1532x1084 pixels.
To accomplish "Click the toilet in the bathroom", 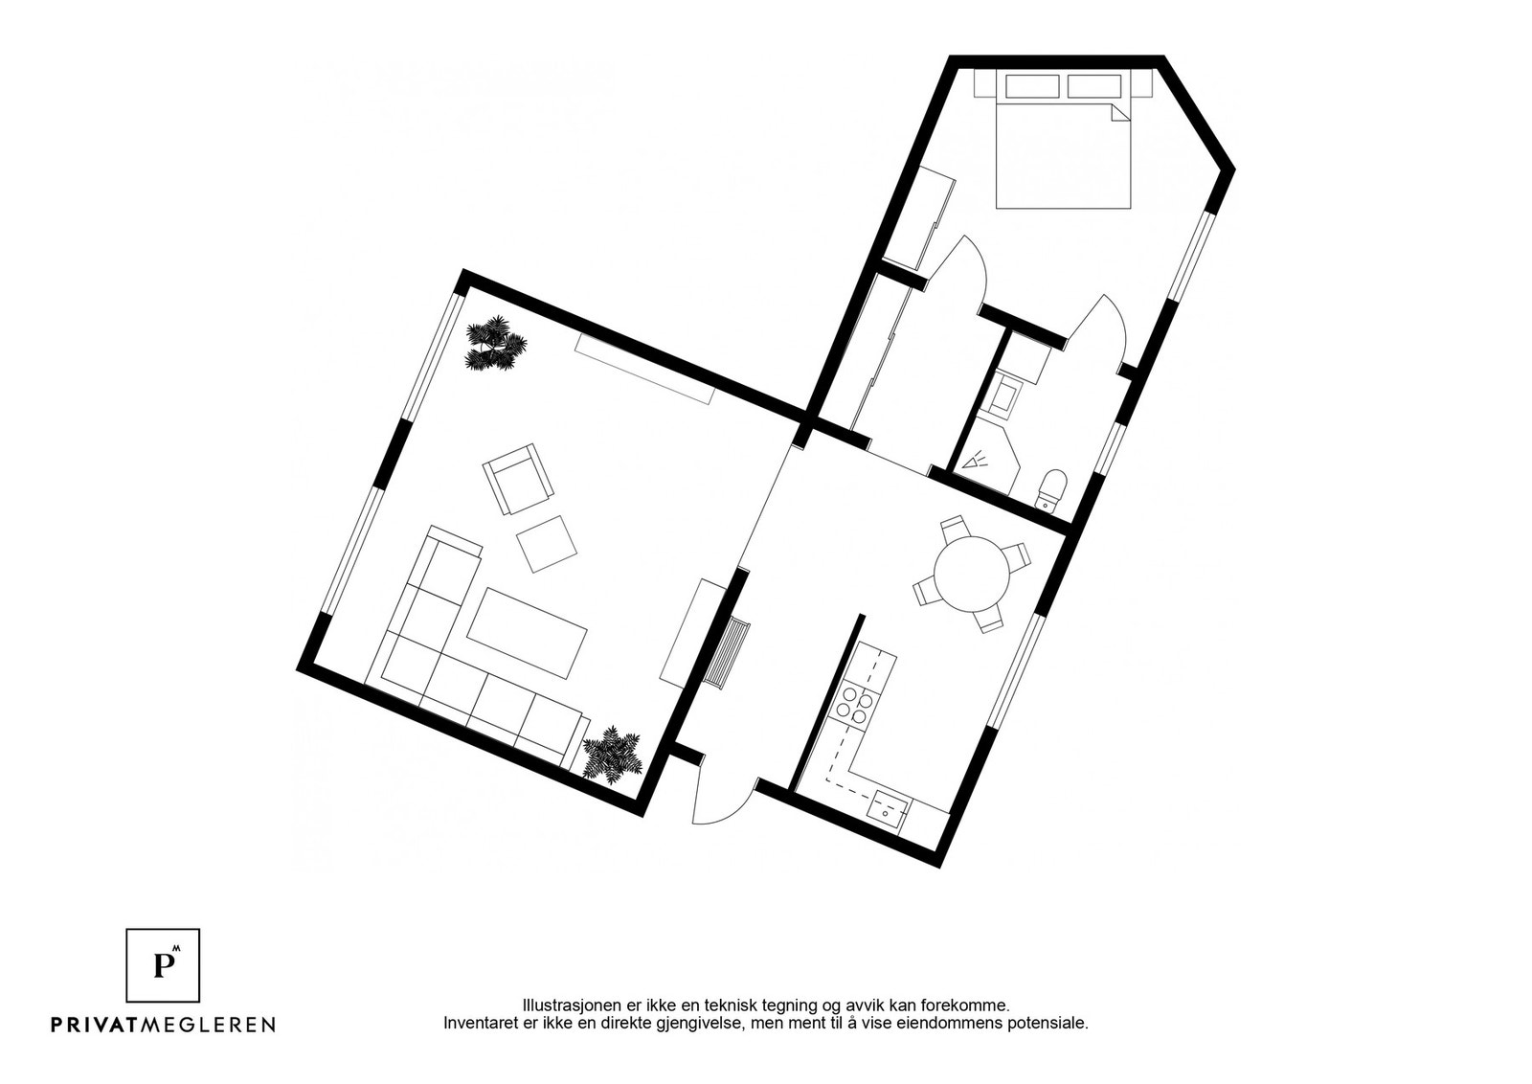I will pos(1052,487).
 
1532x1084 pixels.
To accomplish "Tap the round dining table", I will pos(972,574).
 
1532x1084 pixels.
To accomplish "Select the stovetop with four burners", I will pos(853,706).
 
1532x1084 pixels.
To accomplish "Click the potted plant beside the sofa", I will pos(610,755).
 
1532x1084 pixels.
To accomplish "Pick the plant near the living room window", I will pos(495,343).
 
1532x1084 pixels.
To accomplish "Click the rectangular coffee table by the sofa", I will pos(527,632).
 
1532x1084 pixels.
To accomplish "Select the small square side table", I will pos(547,544).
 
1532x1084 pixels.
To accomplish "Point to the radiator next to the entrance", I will pos(730,653).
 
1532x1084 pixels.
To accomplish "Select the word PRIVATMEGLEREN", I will pos(163,1025).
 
